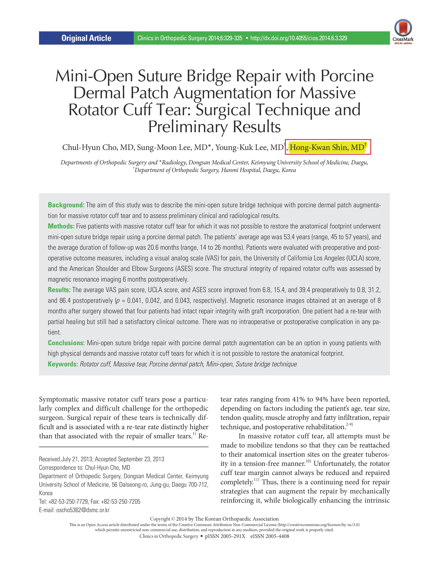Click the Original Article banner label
[86, 38]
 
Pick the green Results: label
[59, 290]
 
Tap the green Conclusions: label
[66, 343]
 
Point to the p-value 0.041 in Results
[135, 300]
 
